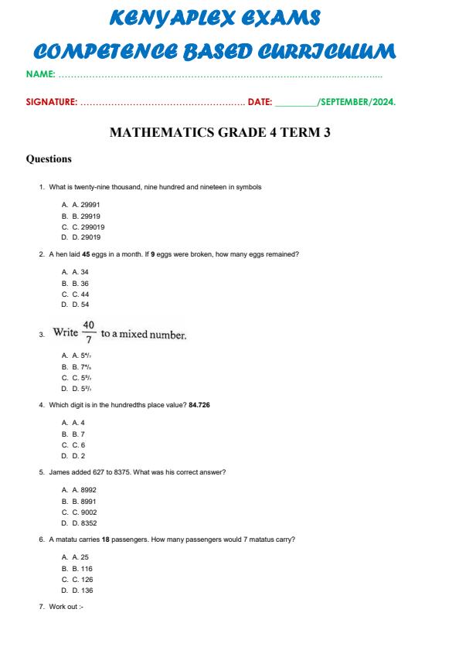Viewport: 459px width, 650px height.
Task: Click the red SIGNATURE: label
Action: (52, 101)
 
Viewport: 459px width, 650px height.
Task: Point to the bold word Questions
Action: (49, 159)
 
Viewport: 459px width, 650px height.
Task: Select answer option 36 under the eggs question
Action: (81, 284)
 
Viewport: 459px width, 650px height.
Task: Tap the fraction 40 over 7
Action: (89, 333)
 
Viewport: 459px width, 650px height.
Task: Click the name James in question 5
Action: (58, 471)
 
